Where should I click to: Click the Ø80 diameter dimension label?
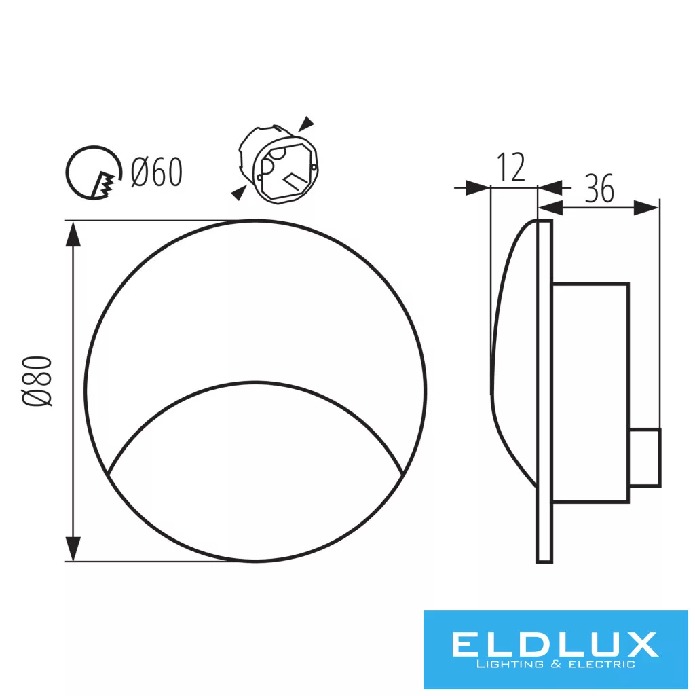tap(37, 381)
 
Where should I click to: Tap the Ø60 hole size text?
tap(157, 172)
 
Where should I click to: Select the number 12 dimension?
tap(511, 167)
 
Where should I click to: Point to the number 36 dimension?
tap(599, 188)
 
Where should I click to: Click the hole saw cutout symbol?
tap(94, 172)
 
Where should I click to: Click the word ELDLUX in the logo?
tap(555, 644)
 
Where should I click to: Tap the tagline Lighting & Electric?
tap(555, 665)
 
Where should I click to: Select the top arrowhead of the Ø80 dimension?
tap(73, 234)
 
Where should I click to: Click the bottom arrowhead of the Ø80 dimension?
tap(73, 549)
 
